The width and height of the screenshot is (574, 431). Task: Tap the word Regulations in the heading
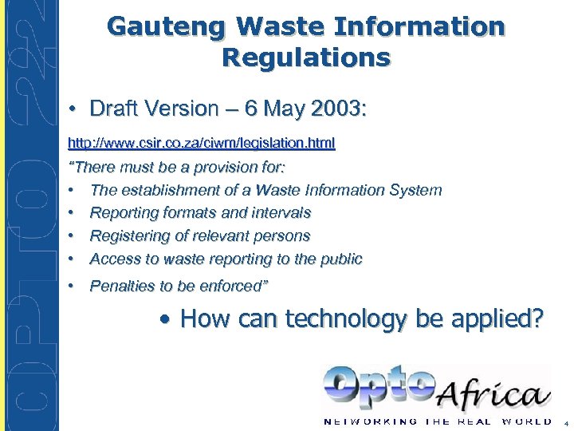tap(306, 57)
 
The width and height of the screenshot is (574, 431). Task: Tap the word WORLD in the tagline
tap(526, 421)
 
